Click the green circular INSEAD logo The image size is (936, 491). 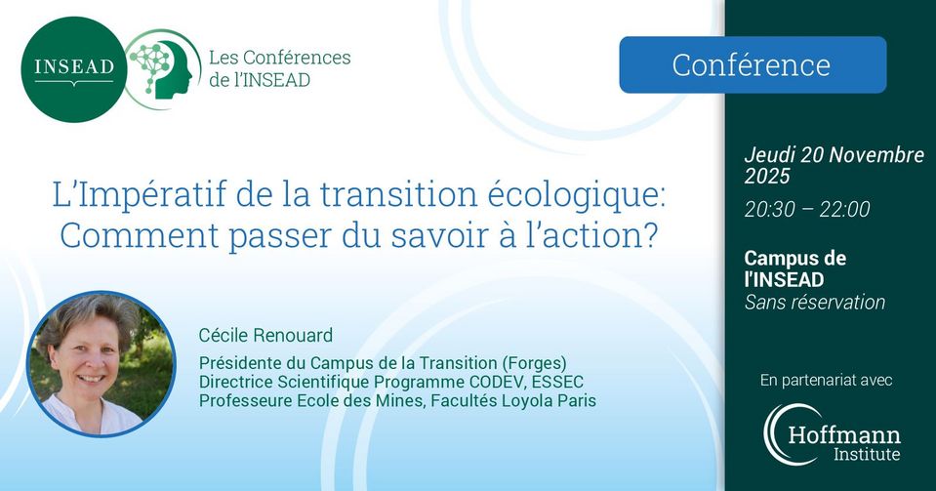[74, 69]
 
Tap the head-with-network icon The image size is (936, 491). [162, 69]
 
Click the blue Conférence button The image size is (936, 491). [753, 64]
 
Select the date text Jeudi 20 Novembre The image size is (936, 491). [834, 155]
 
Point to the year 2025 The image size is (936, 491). [767, 177]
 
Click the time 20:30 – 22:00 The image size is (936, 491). [807, 209]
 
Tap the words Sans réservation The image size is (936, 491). [815, 303]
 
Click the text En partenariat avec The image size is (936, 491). [826, 380]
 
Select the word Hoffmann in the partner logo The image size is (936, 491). [844, 434]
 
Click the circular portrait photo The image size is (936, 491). [102, 364]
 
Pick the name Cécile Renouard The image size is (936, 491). [265, 335]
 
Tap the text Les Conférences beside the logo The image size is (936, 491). [279, 58]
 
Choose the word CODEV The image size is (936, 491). [496, 382]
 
